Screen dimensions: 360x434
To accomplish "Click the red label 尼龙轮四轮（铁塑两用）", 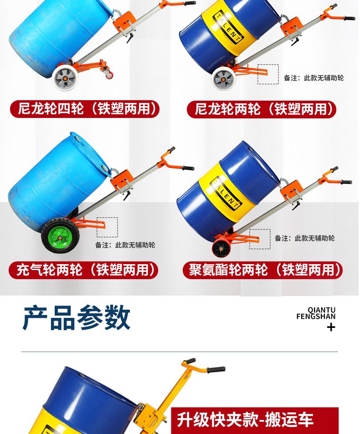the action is (85, 109).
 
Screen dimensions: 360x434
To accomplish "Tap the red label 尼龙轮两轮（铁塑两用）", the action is (262, 109).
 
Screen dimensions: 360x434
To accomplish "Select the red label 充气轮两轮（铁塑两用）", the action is (83, 270).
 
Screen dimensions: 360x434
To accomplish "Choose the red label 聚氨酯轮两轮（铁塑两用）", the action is (262, 270).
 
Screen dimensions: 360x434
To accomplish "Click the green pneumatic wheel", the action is (60, 235).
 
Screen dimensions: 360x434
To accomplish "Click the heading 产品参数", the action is (76, 317).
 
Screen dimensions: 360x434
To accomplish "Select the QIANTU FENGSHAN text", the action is (316, 313).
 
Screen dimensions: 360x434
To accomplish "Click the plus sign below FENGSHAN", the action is (331, 327).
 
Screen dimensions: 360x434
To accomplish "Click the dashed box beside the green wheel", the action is (107, 227).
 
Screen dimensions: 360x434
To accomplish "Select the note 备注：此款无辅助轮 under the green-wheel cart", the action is (125, 245).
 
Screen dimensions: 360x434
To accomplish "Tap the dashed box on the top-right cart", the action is (268, 74).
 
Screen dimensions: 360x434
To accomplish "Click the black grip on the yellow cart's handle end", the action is (216, 370).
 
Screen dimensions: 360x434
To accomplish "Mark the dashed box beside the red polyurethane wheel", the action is (260, 239).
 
